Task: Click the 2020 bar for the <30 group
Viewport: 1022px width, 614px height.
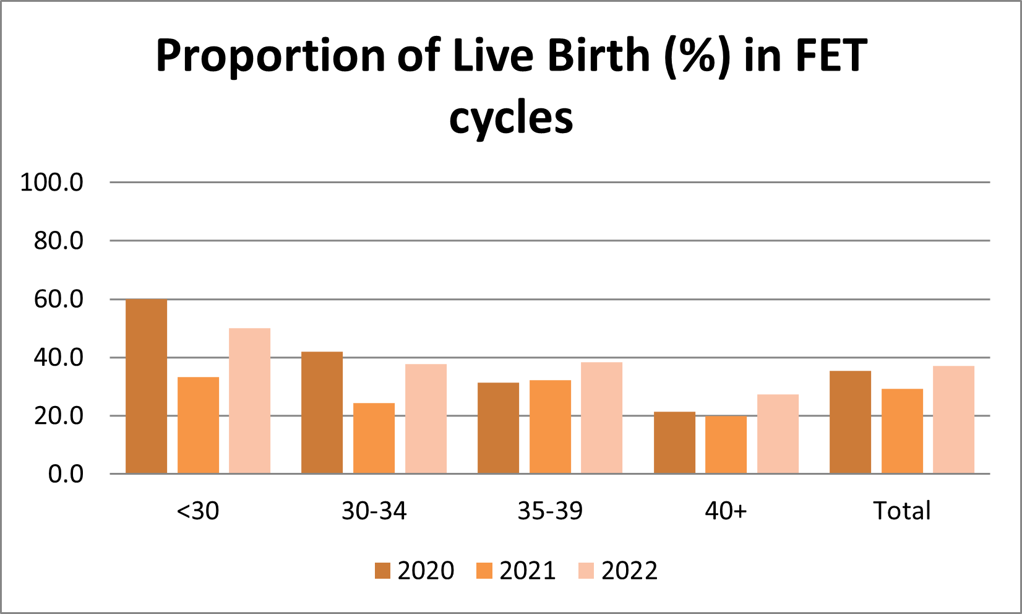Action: point(146,386)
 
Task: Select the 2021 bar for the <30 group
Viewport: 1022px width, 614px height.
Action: point(198,425)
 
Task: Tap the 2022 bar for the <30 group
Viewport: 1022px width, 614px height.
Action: point(249,401)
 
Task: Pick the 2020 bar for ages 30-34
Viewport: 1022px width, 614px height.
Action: point(322,413)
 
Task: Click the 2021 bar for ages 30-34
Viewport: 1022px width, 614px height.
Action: point(374,438)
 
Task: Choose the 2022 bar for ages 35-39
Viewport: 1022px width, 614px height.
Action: point(601,418)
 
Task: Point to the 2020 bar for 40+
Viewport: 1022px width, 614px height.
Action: point(674,443)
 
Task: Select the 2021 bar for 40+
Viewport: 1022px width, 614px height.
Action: point(726,444)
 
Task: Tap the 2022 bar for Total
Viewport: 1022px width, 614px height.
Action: point(953,420)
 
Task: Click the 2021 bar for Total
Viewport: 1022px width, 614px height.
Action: point(902,431)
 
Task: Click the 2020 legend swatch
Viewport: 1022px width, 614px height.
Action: point(382,571)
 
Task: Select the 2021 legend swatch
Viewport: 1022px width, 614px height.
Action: point(484,571)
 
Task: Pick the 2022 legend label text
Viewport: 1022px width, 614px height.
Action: point(630,571)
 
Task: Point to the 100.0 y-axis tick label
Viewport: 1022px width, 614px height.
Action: point(51,183)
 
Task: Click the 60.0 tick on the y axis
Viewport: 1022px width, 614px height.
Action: point(58,300)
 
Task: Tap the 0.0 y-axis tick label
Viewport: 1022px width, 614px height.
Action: point(66,474)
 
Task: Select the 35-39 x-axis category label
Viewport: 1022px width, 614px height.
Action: point(550,511)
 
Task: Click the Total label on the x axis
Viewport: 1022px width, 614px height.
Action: point(901,511)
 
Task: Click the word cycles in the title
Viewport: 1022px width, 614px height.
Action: point(511,118)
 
